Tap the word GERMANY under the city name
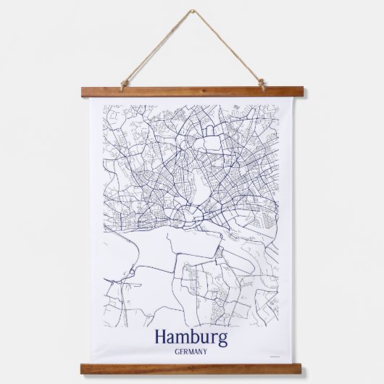coord(191,352)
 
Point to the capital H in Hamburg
coord(161,337)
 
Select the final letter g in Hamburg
coord(222,339)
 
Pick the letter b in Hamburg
coord(196,337)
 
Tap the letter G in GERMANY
coord(177,352)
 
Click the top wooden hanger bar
coord(192,92)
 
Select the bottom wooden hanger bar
coord(192,369)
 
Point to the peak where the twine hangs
coord(193,12)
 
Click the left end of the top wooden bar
coord(84,92)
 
